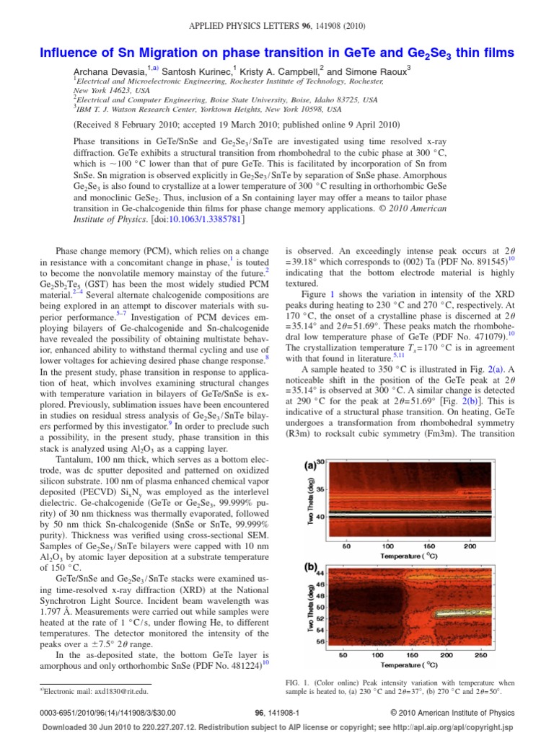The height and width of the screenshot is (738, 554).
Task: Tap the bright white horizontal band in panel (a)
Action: pyautogui.click(x=411, y=516)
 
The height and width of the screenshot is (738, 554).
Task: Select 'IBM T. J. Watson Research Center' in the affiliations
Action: pyautogui.click(x=132, y=110)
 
